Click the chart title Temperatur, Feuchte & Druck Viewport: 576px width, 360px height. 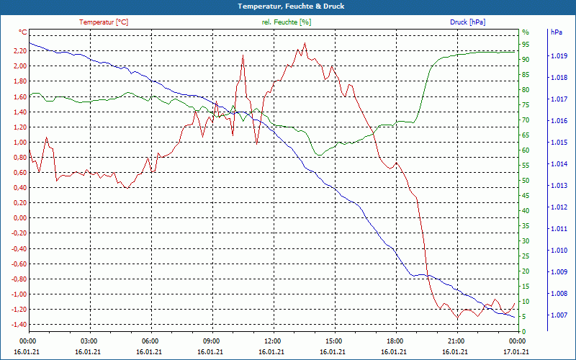point(288,6)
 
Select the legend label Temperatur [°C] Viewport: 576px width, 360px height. point(104,22)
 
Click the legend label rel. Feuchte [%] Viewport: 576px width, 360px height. point(287,22)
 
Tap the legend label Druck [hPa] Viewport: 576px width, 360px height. point(468,22)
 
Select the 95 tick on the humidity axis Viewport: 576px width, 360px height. point(526,44)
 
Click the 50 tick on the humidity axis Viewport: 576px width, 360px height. point(526,181)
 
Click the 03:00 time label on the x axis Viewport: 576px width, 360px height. point(89,341)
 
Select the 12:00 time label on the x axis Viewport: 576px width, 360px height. point(272,341)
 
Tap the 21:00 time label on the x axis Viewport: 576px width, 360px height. point(456,341)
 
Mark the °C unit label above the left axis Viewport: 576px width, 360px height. point(23,32)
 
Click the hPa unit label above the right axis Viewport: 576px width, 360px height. point(557,32)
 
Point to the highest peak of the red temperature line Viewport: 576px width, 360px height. point(305,43)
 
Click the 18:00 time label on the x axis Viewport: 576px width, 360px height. point(395,341)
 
